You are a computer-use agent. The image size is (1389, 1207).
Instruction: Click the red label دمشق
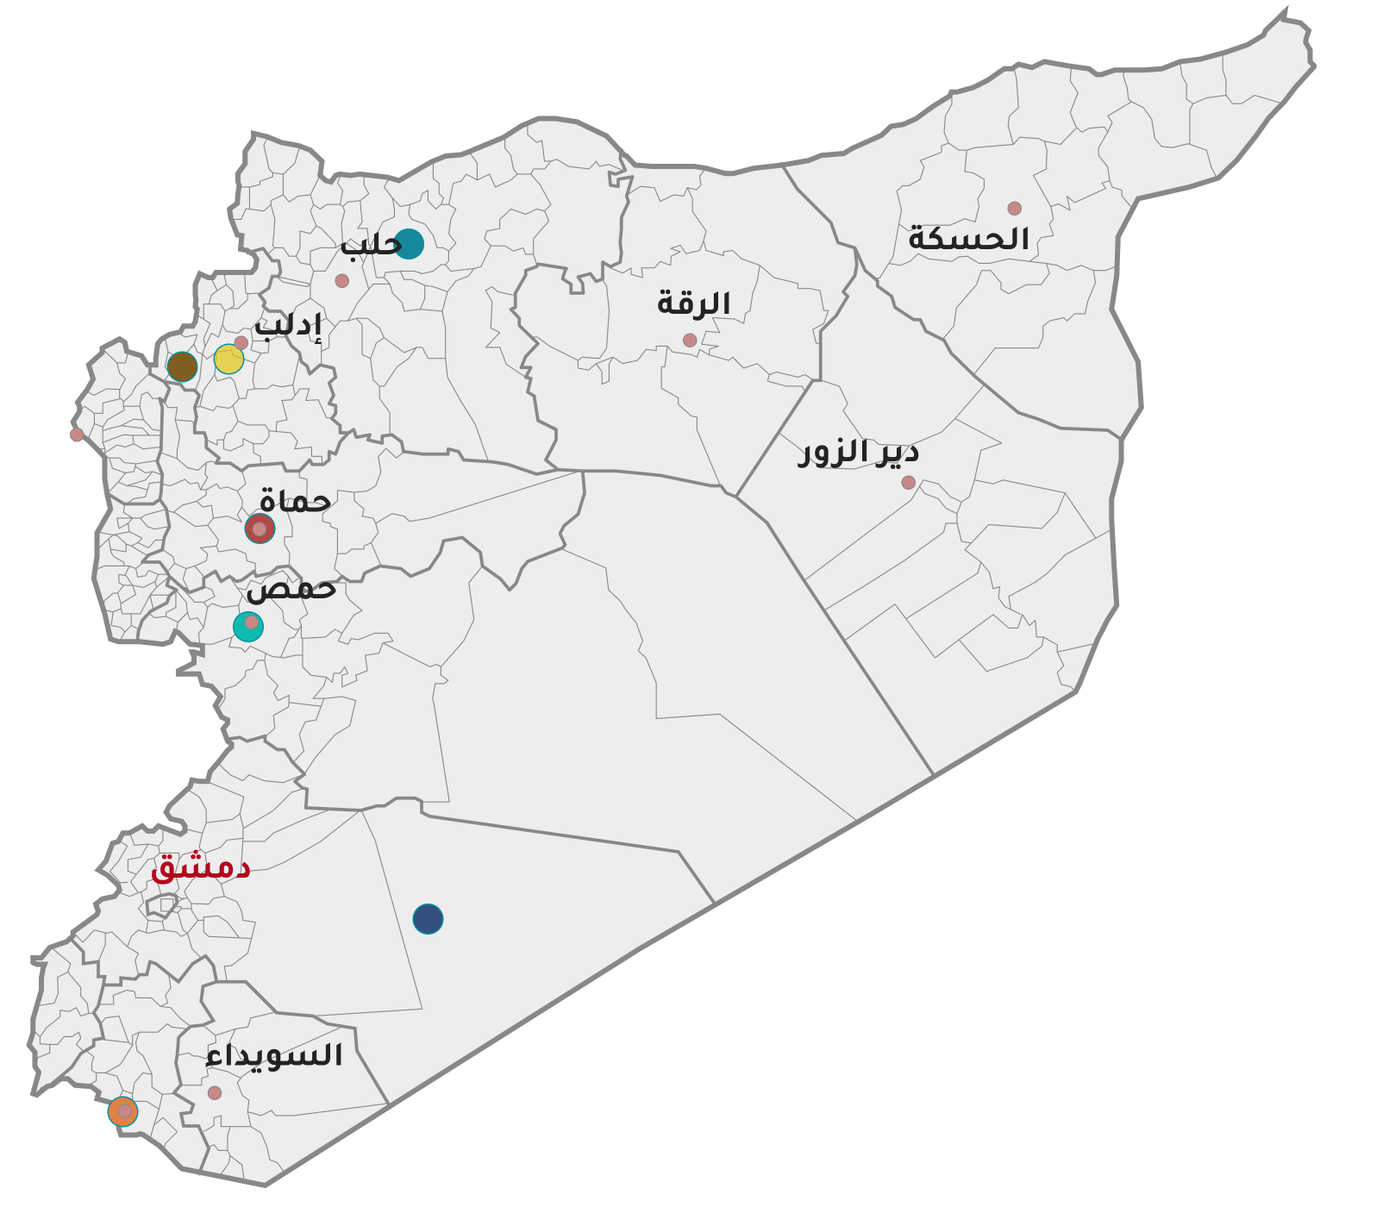coord(200,866)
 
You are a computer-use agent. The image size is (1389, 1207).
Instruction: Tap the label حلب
coord(371,245)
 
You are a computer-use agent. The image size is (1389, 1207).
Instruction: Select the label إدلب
coord(288,326)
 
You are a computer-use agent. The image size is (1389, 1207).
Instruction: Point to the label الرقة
coord(693,303)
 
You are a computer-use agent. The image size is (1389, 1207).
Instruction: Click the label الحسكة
coord(968,239)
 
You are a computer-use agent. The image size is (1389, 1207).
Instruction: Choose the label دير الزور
coord(858,452)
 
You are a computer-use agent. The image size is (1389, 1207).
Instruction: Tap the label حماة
coord(295,501)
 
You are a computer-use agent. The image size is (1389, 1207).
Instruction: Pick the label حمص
coord(291,588)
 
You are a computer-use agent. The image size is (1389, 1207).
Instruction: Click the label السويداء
coord(274,1055)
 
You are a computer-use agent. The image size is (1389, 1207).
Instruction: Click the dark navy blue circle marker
coord(428,919)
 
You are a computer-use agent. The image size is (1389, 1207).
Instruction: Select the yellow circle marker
coord(228,359)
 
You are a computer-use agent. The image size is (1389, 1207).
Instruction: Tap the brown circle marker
coord(182,366)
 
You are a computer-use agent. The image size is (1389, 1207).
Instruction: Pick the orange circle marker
coord(122,1112)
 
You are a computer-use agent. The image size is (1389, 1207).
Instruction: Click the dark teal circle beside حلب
coord(409,244)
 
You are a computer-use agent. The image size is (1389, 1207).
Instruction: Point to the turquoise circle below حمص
coord(247,627)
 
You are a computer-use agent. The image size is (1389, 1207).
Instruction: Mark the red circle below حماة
coord(260,528)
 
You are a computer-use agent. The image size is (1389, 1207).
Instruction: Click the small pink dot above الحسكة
coord(1014,209)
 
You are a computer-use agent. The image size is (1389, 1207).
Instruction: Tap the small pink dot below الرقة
coord(690,341)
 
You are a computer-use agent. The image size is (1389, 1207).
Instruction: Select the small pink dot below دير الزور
coord(908,483)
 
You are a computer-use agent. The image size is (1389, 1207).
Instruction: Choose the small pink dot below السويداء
coord(215,1093)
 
